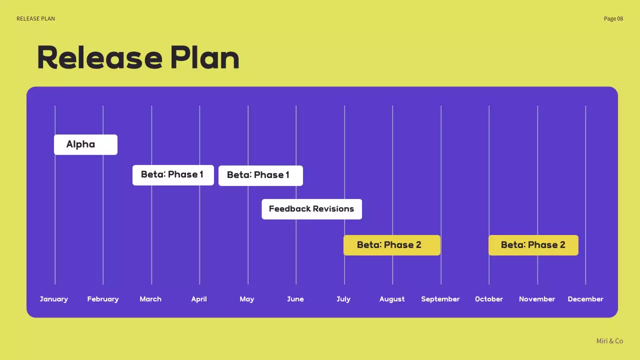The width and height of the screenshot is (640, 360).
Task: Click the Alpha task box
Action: pyautogui.click(x=85, y=144)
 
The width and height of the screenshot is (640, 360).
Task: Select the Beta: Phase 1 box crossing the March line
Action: pyautogui.click(x=173, y=175)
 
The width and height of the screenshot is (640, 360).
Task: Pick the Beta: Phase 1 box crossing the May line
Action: pyautogui.click(x=260, y=175)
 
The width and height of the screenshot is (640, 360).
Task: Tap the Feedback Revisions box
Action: pyautogui.click(x=311, y=209)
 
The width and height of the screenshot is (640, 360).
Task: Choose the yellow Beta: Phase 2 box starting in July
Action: pyautogui.click(x=391, y=245)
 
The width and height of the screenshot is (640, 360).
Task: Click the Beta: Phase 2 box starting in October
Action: pyautogui.click(x=533, y=245)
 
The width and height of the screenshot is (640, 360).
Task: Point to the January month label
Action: pyautogui.click(x=54, y=299)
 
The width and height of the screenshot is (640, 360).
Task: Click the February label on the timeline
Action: pyautogui.click(x=103, y=299)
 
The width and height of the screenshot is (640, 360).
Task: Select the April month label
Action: pyautogui.click(x=199, y=299)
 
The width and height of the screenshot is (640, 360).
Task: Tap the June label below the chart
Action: pyautogui.click(x=295, y=299)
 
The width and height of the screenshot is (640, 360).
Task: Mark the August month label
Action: pyautogui.click(x=392, y=299)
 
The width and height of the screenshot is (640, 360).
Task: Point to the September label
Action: pyautogui.click(x=440, y=299)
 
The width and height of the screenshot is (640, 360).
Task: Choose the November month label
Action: pyautogui.click(x=537, y=299)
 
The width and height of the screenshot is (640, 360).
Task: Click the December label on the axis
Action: pyautogui.click(x=585, y=299)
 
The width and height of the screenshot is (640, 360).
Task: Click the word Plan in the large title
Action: pyautogui.click(x=204, y=58)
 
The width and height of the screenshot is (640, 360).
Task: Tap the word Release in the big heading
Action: pyautogui.click(x=100, y=58)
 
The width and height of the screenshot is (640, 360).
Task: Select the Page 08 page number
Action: pyautogui.click(x=613, y=18)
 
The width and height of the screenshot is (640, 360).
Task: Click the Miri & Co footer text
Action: pyautogui.click(x=609, y=341)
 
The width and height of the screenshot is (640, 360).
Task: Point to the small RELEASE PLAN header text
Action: pyautogui.click(x=35, y=18)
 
